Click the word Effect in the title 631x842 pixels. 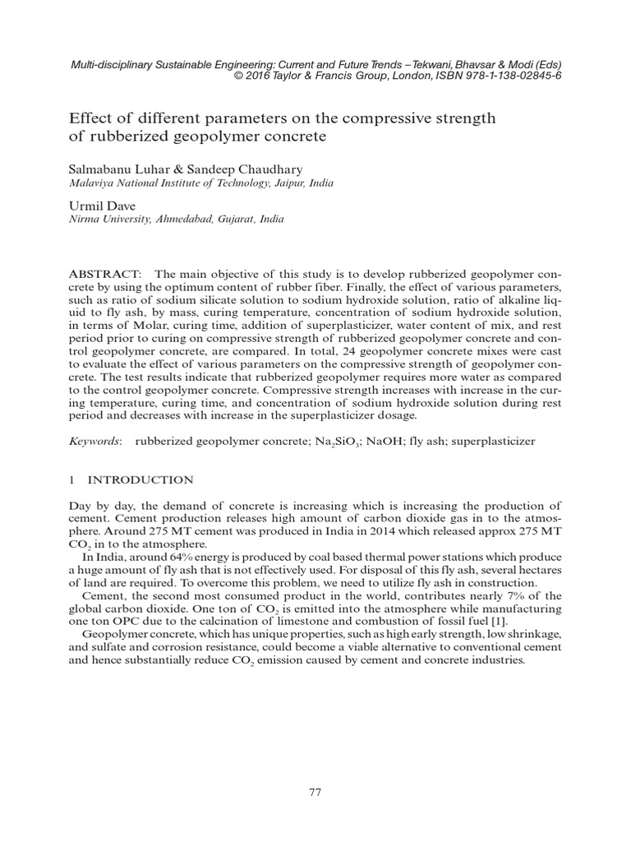point(88,118)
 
